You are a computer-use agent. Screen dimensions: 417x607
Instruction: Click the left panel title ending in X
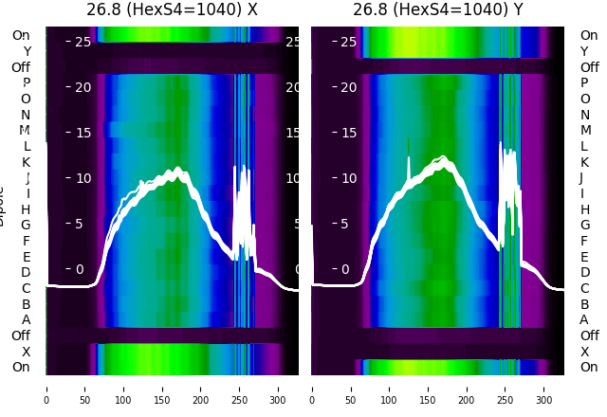(172, 9)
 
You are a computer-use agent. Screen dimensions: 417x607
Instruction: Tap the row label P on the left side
(27, 82)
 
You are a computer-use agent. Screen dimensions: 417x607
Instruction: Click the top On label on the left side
(21, 35)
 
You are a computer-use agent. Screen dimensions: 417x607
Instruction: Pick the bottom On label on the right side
(589, 367)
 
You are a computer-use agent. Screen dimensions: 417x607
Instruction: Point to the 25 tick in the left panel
(83, 42)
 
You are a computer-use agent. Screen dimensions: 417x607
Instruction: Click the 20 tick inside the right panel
(348, 87)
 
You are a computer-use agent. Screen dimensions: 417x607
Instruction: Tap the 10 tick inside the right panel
(348, 178)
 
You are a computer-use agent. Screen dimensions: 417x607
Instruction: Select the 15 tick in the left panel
(83, 133)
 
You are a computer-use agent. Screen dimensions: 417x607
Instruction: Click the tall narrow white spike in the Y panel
(409, 152)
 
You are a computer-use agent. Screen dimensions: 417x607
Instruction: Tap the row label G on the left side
(26, 225)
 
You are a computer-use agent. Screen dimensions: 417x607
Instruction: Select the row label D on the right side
(584, 272)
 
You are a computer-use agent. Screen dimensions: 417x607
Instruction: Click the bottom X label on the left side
(27, 352)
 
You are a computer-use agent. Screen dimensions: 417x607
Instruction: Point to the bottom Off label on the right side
(589, 335)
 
